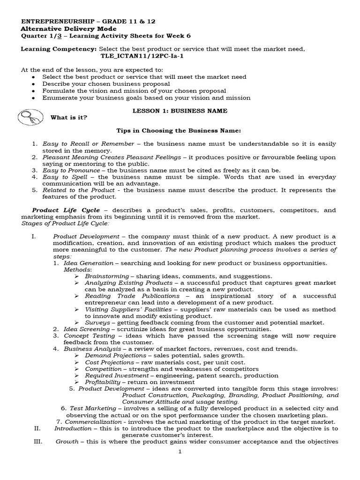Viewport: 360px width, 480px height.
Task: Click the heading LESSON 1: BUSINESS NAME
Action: (180, 111)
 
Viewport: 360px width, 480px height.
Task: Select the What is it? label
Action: (69, 117)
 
